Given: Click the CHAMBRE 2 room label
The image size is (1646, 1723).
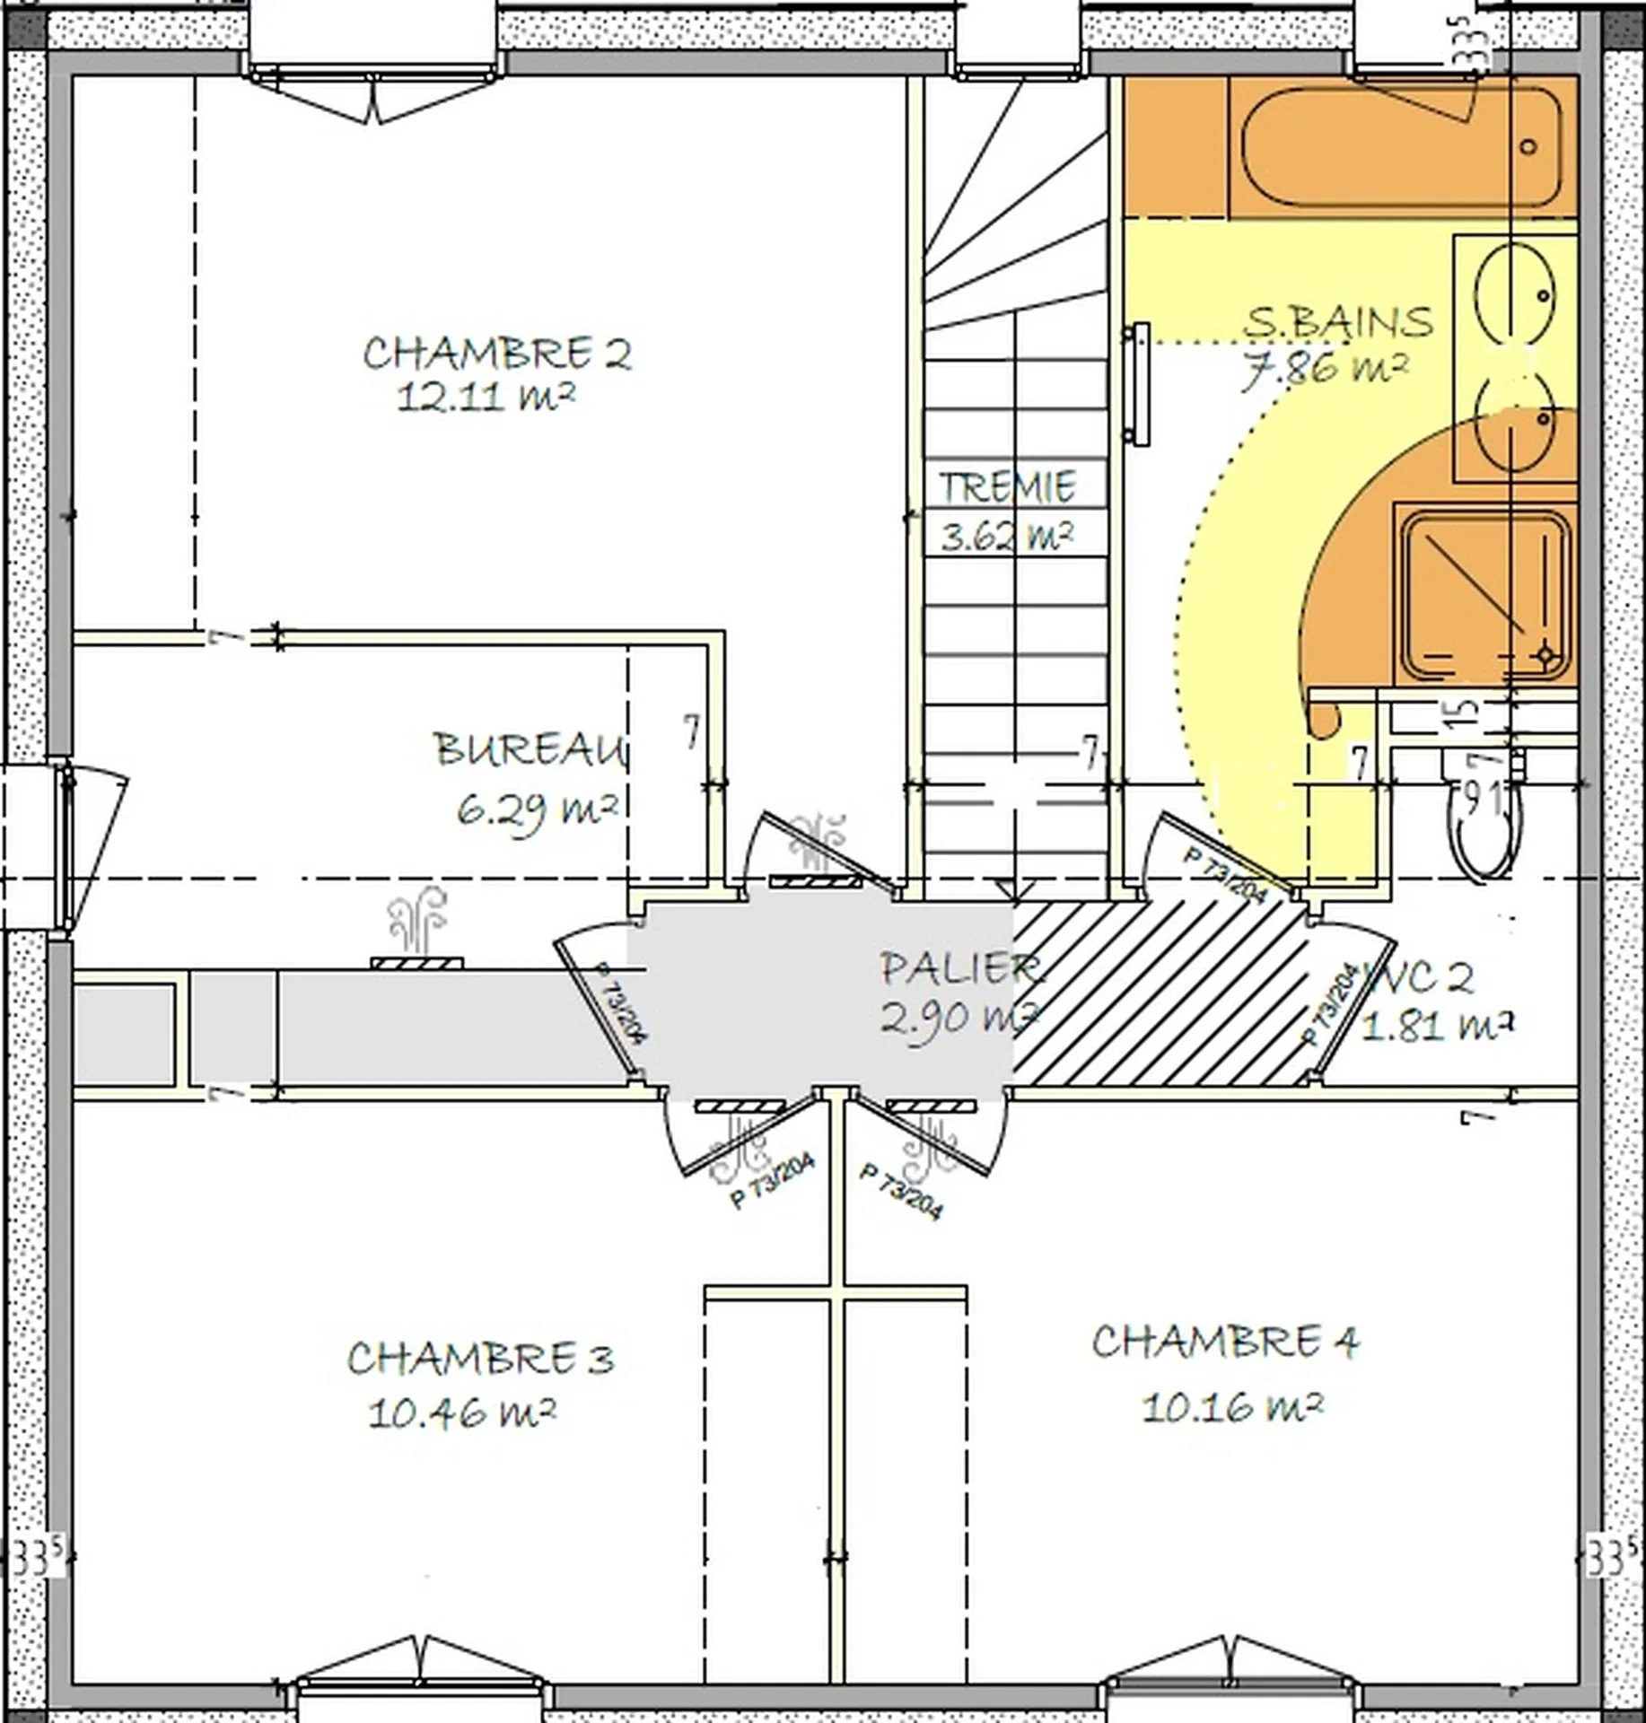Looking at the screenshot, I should click(496, 354).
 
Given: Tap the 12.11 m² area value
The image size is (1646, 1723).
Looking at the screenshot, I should click(485, 396).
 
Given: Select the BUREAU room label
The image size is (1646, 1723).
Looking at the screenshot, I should click(530, 749).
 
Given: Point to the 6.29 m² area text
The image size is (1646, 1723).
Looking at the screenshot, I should click(537, 810).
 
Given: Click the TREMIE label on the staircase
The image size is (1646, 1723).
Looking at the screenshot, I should click(1007, 487).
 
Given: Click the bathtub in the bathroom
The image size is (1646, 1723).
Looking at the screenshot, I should click(1400, 147).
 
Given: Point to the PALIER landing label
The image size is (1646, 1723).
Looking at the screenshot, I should click(960, 969).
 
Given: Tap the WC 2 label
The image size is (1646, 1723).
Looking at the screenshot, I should click(1418, 978).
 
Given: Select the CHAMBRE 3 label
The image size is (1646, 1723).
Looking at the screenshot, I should click(480, 1359).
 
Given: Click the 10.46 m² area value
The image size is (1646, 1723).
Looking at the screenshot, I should click(461, 1413).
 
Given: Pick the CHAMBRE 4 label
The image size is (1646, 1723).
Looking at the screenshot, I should click(1225, 1343).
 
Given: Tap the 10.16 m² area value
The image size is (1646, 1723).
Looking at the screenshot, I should click(1232, 1406).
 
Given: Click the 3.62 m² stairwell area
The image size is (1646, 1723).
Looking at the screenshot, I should click(1007, 537).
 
